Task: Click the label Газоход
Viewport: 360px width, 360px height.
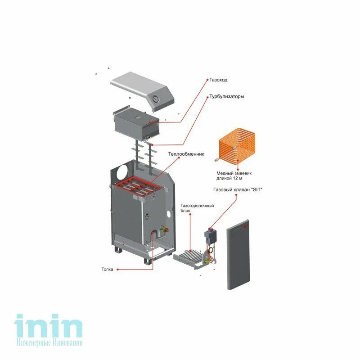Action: click(218, 80)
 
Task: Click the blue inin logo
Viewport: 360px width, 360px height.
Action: click(49, 327)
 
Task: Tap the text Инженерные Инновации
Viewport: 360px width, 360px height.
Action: click(49, 342)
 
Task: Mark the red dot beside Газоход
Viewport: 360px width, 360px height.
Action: click(208, 80)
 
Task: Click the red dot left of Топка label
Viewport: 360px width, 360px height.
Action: click(118, 270)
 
